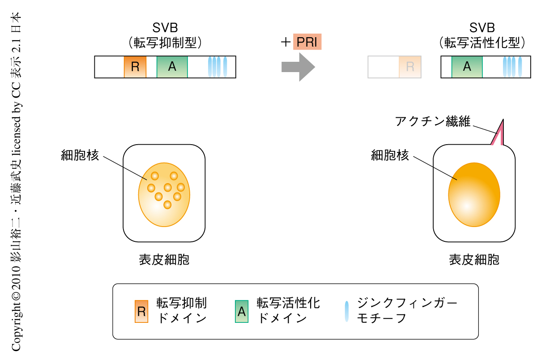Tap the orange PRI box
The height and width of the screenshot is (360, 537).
(307, 43)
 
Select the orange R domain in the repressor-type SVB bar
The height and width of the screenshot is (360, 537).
(135, 67)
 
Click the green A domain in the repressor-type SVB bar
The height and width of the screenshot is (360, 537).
(172, 67)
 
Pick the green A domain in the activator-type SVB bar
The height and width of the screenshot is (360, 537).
(467, 67)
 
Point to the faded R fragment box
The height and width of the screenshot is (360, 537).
(409, 67)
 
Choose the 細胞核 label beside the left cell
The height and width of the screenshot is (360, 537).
(80, 155)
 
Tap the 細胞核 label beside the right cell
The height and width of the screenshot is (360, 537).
(390, 155)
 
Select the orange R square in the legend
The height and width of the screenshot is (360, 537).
(141, 312)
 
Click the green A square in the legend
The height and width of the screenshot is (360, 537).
(242, 312)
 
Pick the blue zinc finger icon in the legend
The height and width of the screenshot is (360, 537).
(346, 312)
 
